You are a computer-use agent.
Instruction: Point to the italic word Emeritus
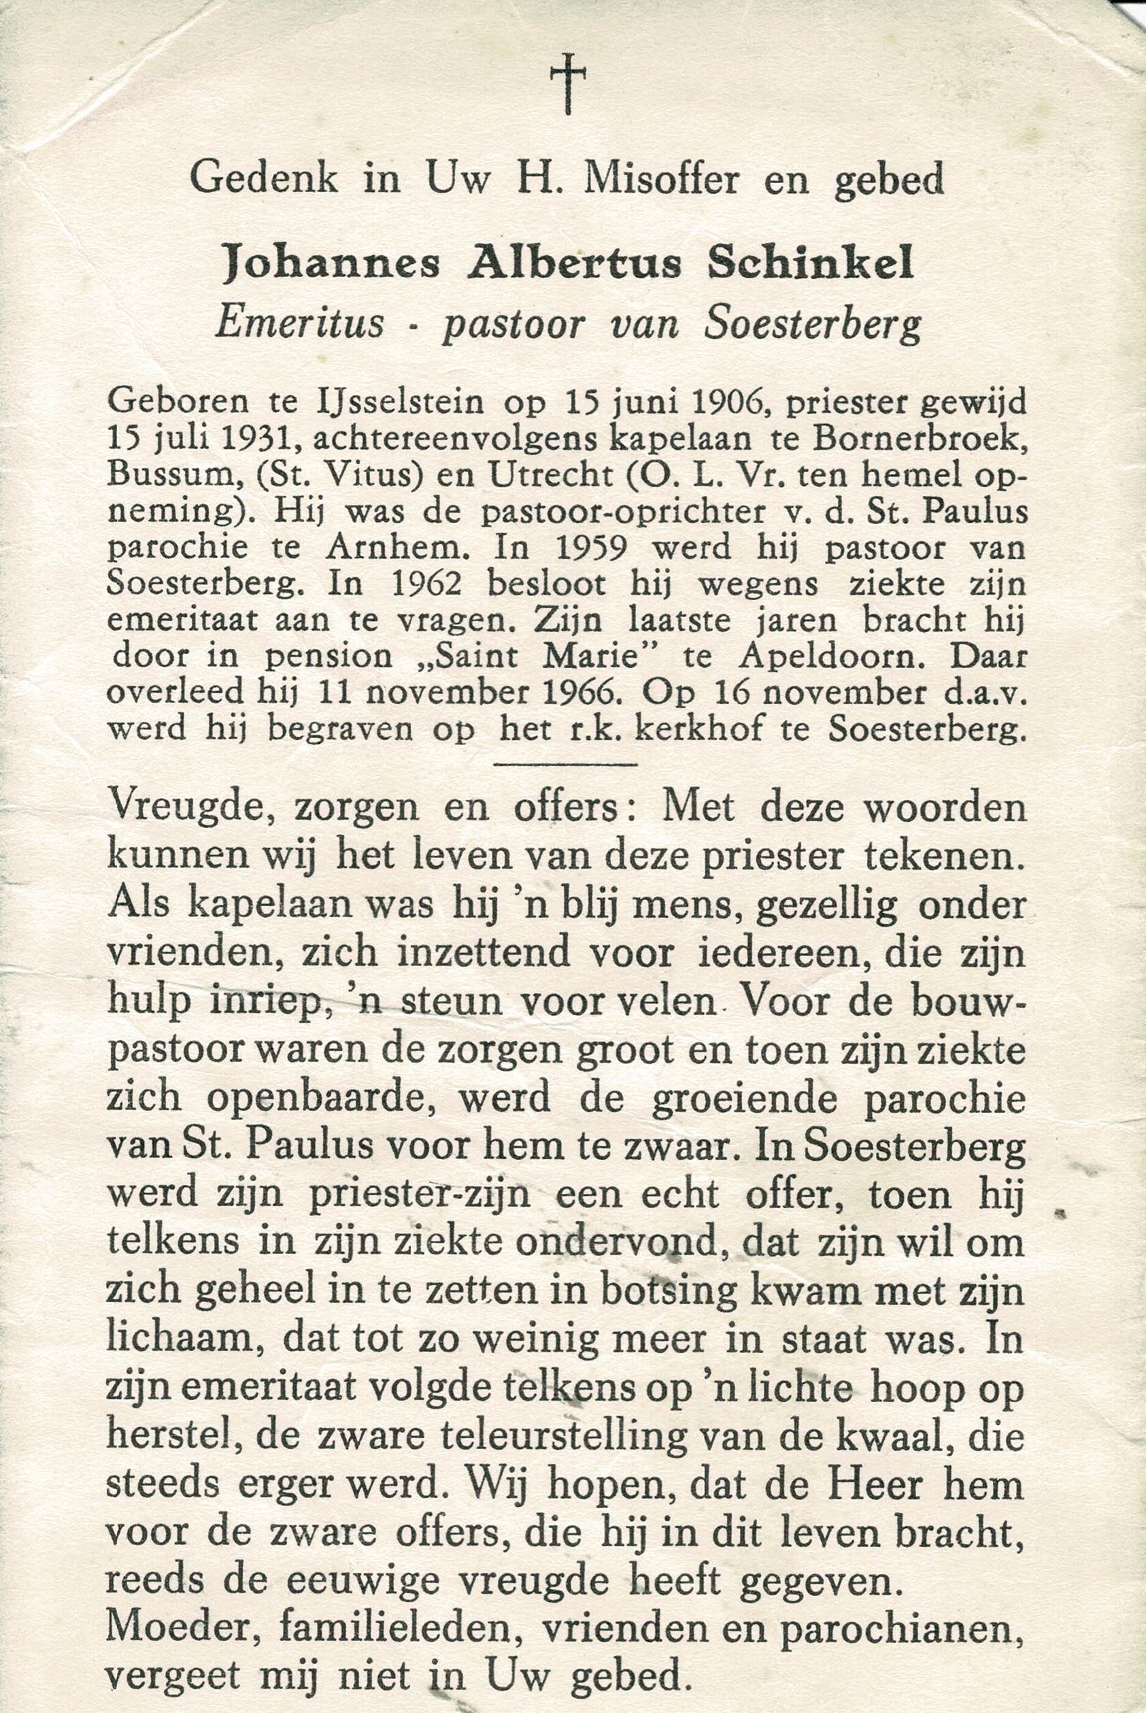click(300, 324)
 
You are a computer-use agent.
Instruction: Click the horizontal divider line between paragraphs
click(567, 765)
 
